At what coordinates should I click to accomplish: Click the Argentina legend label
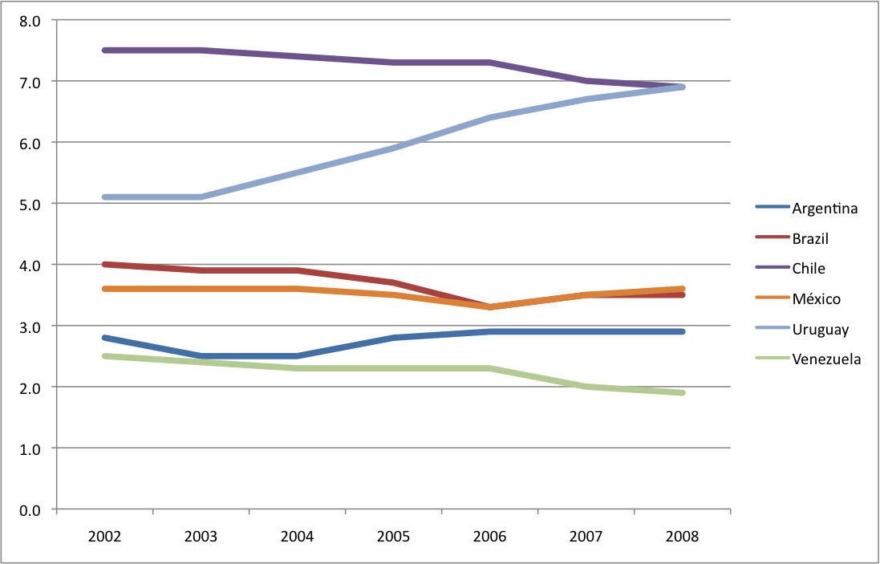pos(825,209)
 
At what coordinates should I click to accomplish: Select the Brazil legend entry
pos(810,238)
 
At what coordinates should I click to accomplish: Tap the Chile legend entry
pos(809,269)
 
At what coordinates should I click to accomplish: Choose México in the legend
pos(816,299)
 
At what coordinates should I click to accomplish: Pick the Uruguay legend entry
pos(820,329)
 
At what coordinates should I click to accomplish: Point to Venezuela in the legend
pos(826,359)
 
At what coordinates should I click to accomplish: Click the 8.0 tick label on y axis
pos(30,21)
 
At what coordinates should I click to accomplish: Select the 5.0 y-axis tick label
pos(30,204)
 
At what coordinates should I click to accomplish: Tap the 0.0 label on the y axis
pos(30,509)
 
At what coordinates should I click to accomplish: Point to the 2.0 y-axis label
pos(30,387)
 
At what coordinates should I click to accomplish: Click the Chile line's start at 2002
pos(104,51)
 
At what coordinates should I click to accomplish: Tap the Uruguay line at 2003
pos(201,197)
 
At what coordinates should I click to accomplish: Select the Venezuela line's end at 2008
pos(682,392)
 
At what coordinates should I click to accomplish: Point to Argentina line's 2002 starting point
pos(104,338)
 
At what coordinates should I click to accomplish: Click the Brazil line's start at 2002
pos(104,264)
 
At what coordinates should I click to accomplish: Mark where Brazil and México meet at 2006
pos(489,307)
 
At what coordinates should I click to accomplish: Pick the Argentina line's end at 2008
pos(682,331)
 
